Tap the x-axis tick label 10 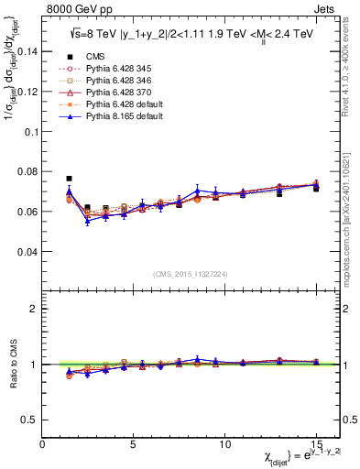[x=225, y=443]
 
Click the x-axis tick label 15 [x=316, y=443]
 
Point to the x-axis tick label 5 [x=134, y=443]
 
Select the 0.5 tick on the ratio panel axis [x=29, y=420]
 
